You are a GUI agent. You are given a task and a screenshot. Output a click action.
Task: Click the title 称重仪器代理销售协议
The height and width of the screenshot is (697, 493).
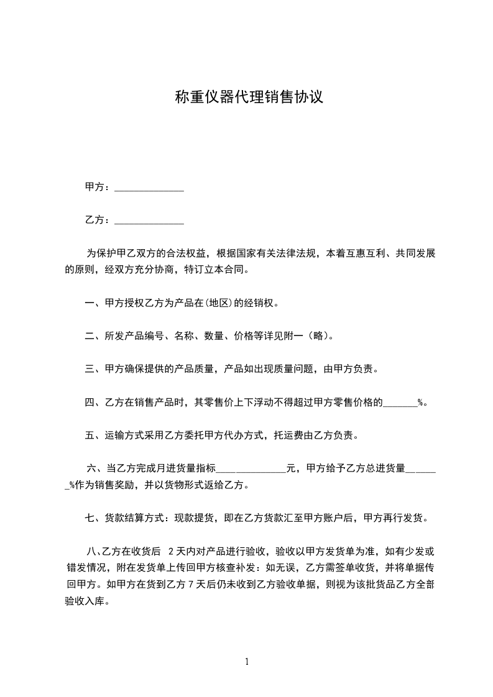[x=249, y=98]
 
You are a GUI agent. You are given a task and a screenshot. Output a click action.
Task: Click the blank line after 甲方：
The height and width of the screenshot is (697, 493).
[x=149, y=188]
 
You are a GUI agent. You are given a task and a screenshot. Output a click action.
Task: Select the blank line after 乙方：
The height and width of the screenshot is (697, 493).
[x=149, y=221]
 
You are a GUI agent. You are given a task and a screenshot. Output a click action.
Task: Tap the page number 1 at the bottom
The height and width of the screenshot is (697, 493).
[x=247, y=662]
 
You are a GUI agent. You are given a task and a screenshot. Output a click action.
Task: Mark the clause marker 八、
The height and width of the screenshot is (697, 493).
[x=94, y=551]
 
